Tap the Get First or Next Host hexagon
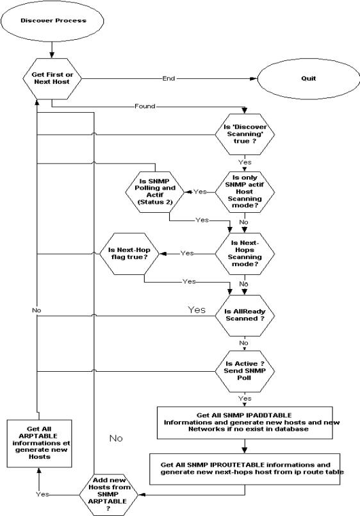click(52, 79)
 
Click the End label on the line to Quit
click(169, 79)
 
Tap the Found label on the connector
click(145, 106)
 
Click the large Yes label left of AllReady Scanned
click(196, 310)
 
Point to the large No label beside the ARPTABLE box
click(115, 438)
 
